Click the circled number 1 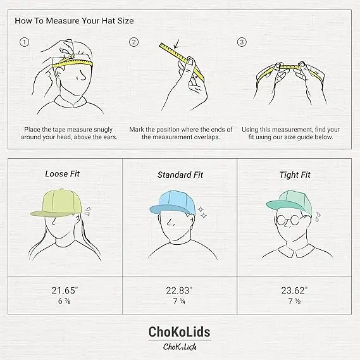[x=25, y=42]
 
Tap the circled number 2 [x=133, y=42]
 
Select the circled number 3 [x=242, y=42]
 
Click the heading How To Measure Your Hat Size [x=74, y=21]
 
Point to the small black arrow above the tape [x=177, y=44]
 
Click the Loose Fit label [x=62, y=174]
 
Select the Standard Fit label [x=180, y=175]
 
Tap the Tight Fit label [x=295, y=175]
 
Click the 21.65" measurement [x=65, y=290]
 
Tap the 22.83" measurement [x=179, y=290]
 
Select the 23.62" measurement [x=294, y=290]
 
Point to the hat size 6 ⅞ [x=65, y=301]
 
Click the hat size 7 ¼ [x=179, y=301]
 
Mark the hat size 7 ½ [x=294, y=301]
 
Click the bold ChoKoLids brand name [x=179, y=332]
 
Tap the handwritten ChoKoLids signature [x=180, y=347]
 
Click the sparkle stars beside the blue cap [x=202, y=213]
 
